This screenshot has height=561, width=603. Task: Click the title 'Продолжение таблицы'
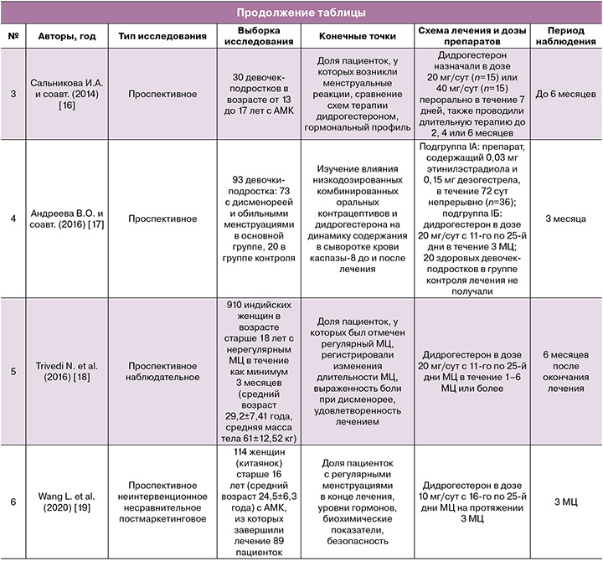(301, 13)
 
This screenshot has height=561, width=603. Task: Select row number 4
(13, 219)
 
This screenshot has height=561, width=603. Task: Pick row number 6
(13, 502)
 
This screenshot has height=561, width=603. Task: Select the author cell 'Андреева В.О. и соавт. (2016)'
(67, 219)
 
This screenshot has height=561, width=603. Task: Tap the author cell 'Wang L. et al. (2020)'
(67, 502)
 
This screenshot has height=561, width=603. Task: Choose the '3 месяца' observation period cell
(564, 219)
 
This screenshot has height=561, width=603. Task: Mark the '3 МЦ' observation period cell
(564, 502)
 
